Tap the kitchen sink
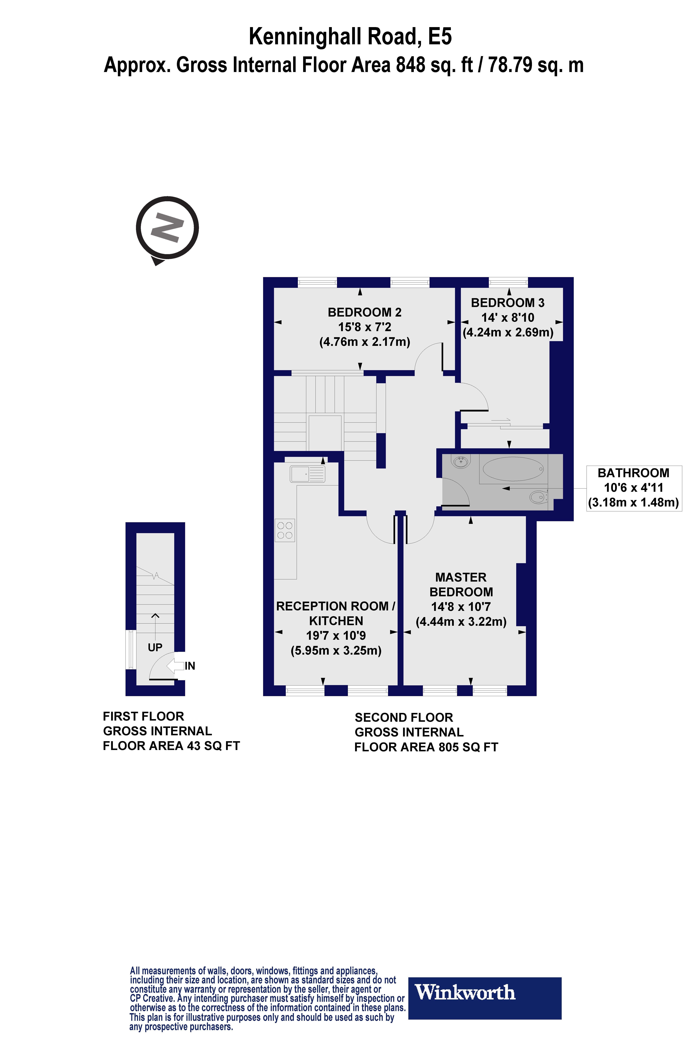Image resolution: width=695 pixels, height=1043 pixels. pos(307,474)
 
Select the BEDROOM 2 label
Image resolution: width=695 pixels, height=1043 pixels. pos(364,312)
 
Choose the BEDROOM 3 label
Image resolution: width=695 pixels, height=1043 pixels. pos(508,303)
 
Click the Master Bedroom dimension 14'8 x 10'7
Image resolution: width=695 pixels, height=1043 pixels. pos(461,607)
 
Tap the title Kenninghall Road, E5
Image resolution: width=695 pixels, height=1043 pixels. pos(350,36)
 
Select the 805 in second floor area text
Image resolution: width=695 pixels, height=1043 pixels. pos(449,747)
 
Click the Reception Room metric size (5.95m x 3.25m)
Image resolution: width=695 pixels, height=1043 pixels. pos(336,650)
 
